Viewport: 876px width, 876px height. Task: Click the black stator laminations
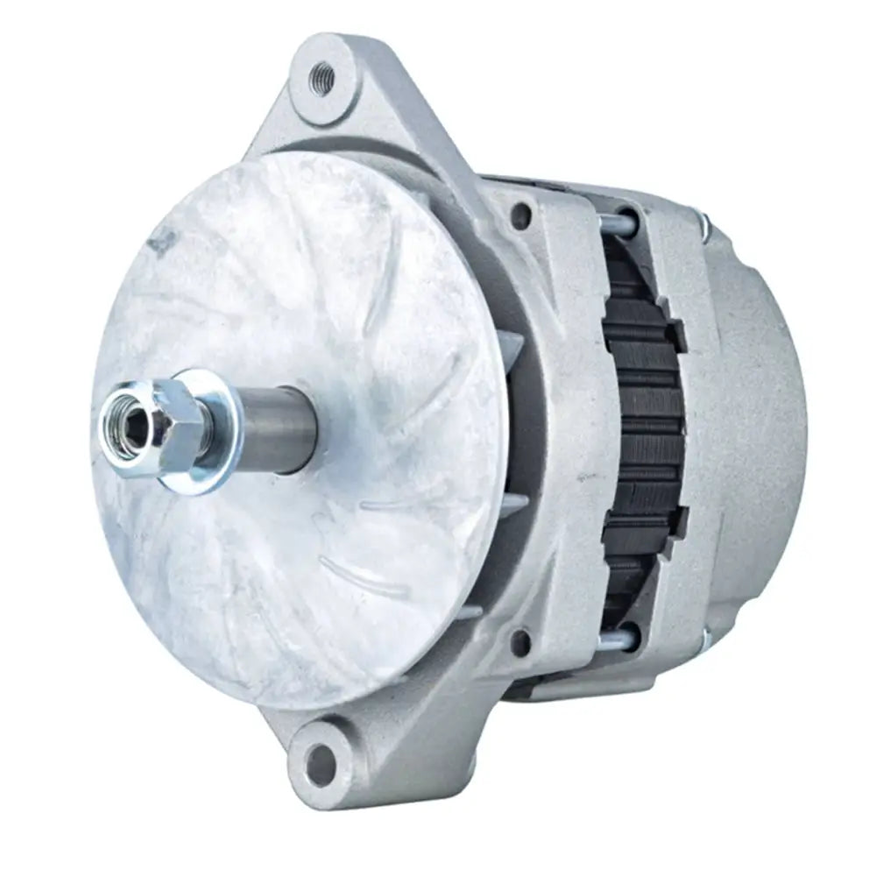click(x=644, y=429)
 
